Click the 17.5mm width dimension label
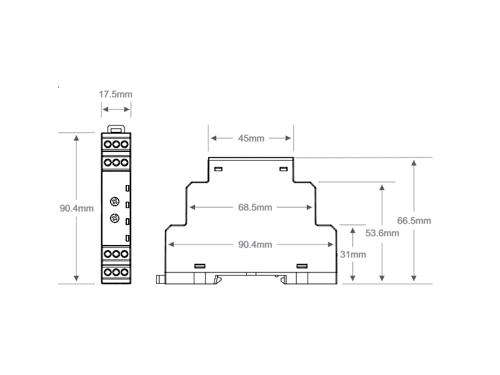(x=116, y=94)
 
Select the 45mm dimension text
(x=251, y=138)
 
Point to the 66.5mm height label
(x=414, y=221)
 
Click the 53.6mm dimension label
(x=382, y=233)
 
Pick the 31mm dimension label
(x=354, y=254)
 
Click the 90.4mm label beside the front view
(x=77, y=208)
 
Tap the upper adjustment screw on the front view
(x=115, y=201)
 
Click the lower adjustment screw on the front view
(x=115, y=218)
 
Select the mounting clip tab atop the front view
(x=116, y=129)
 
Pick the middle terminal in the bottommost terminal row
(x=116, y=272)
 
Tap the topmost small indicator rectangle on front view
(x=127, y=187)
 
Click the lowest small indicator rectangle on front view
(x=127, y=238)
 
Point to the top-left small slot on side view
(x=218, y=169)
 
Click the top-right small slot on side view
(x=283, y=169)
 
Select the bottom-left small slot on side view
(x=200, y=266)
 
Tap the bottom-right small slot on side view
(x=302, y=266)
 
